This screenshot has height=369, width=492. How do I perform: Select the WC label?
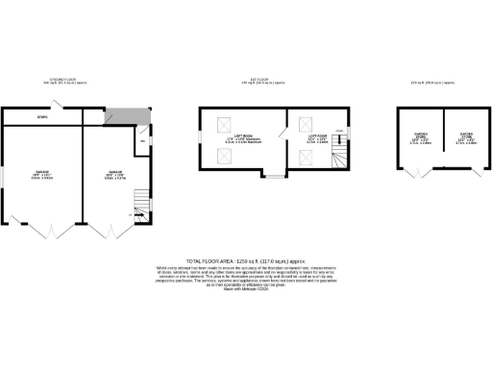142,141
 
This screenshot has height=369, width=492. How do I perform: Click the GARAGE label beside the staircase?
116,173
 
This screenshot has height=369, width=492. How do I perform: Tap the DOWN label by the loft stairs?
339,131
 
